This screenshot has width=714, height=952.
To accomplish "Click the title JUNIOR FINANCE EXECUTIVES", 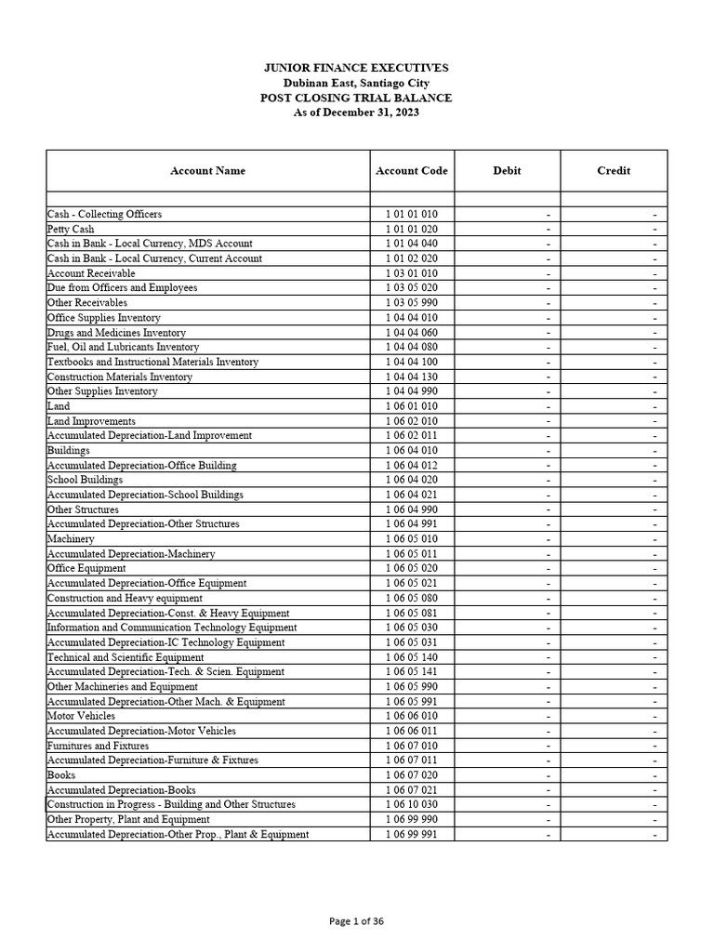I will (x=357, y=68).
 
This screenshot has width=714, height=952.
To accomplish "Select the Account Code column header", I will (x=412, y=171).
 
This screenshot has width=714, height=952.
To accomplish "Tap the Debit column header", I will (x=507, y=171).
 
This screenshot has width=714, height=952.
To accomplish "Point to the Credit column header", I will (x=614, y=171).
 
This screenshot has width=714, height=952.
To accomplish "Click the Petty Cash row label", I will (x=71, y=229).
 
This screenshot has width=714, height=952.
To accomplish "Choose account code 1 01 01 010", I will (x=412, y=214).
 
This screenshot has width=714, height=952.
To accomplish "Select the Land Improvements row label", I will (x=86, y=421).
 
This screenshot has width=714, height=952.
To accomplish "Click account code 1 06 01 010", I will (x=412, y=406).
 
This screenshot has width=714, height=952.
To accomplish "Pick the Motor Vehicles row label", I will (x=81, y=716).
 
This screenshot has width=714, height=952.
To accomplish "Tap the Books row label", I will (x=61, y=775).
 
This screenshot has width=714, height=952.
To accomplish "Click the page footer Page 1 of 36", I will (x=357, y=921).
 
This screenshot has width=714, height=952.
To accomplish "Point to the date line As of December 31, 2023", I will (x=357, y=112).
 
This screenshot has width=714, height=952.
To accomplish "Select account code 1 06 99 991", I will (x=412, y=834).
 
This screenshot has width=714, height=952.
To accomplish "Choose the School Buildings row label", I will (x=85, y=480).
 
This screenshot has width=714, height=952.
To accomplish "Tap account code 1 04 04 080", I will (x=412, y=347).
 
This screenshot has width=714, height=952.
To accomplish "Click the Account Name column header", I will (x=207, y=171).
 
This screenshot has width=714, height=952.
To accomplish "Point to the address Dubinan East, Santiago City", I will (x=357, y=83).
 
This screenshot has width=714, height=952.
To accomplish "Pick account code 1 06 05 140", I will (x=412, y=657).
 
